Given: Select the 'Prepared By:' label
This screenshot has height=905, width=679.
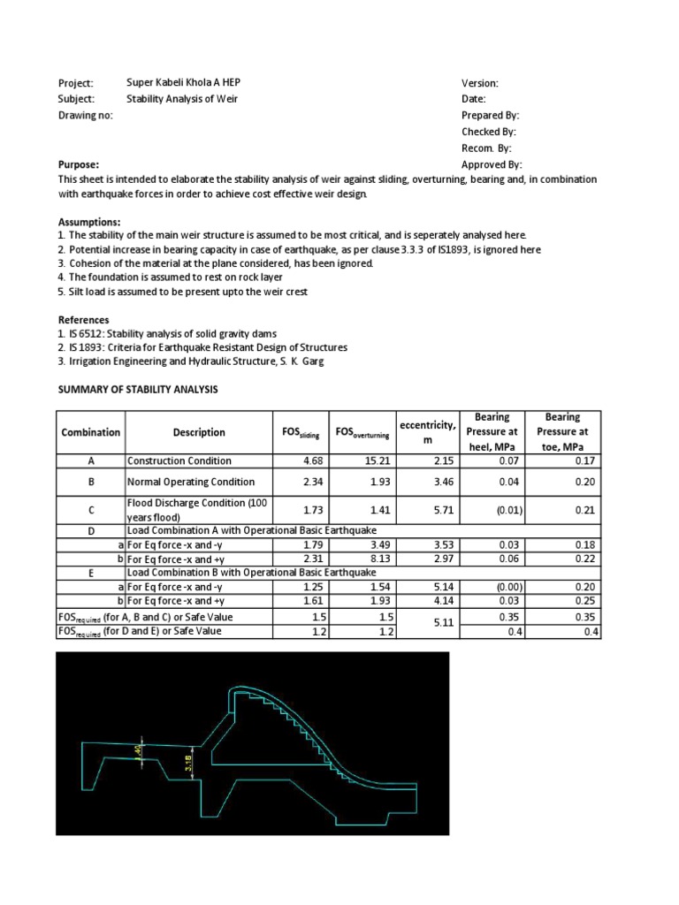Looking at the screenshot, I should [490, 115].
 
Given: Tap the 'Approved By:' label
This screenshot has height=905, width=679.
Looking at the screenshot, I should [492, 164].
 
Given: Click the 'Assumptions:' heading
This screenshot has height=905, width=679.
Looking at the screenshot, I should [89, 221].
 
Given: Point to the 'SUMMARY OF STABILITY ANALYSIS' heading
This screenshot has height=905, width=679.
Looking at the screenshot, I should [137, 390].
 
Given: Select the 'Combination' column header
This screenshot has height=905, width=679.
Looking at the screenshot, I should [90, 432].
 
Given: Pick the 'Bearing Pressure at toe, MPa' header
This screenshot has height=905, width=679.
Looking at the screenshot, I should [562, 432].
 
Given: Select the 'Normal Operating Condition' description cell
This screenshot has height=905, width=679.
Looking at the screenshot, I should [191, 482].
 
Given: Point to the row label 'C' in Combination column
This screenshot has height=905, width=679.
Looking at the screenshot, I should [90, 510].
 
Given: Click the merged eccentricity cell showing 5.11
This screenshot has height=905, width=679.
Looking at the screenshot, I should [427, 624].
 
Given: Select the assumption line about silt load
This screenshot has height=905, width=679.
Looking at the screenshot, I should [184, 291].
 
